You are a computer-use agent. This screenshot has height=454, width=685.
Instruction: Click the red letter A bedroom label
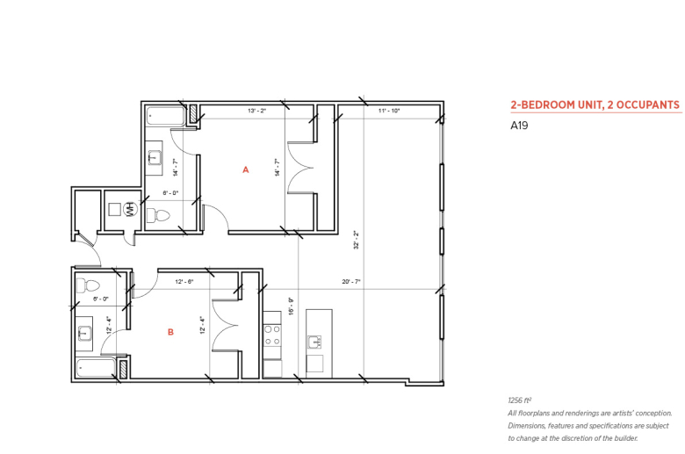tap(246, 169)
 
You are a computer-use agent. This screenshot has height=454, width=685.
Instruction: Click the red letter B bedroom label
tap(170, 332)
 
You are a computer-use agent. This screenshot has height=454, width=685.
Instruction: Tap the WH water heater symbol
tap(130, 209)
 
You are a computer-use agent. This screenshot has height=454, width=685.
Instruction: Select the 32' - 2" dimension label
tap(356, 240)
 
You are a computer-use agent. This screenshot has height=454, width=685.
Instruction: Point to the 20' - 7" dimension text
tap(350, 282)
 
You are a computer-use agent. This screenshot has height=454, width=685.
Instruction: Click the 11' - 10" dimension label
tap(389, 111)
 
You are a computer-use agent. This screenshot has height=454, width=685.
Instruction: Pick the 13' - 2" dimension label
tap(256, 111)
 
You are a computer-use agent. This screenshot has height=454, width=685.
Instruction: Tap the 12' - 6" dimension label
tap(184, 282)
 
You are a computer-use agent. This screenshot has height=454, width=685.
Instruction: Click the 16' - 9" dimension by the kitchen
tap(291, 306)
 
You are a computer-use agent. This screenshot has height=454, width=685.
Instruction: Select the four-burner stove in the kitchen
tap(272, 335)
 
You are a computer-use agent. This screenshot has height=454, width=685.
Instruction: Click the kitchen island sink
tap(314, 342)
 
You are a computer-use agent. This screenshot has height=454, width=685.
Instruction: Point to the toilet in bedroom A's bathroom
tap(158, 215)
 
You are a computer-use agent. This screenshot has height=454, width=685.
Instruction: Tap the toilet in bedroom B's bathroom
tap(88, 286)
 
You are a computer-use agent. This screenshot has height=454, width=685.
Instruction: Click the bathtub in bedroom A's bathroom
tap(166, 116)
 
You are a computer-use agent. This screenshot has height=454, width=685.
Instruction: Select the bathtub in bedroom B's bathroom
tap(96, 368)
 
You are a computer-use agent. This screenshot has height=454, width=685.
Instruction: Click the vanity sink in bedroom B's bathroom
tap(83, 334)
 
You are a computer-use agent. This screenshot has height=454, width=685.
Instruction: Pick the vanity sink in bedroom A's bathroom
tap(155, 158)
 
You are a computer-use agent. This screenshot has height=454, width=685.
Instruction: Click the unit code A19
tap(519, 126)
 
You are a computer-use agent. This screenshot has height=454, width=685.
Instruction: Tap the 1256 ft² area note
tap(519, 400)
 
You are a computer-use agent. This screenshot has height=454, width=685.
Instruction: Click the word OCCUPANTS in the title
tap(647, 104)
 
